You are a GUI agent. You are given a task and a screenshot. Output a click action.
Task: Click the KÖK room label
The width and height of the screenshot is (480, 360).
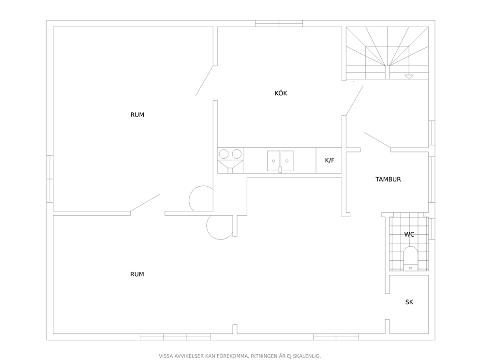click(x=281, y=93)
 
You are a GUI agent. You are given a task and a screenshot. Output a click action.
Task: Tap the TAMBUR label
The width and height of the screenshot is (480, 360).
click(x=388, y=179)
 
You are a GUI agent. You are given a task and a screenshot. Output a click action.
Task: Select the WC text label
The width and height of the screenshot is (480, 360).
click(x=409, y=235)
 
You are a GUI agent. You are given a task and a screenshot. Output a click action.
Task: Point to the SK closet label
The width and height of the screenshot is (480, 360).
click(x=409, y=302)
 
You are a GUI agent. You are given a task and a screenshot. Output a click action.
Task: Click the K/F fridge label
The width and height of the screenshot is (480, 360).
click(x=330, y=160)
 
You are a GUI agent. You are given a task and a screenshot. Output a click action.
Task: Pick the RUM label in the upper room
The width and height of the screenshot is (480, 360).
click(x=137, y=115)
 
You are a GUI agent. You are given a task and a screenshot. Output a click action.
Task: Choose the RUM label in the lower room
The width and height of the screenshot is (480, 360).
click(x=137, y=274)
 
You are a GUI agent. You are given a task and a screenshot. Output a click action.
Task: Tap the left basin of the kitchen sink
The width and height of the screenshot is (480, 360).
click(x=274, y=161)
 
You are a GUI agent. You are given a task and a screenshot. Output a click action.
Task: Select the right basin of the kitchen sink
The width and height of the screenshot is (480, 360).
click(x=287, y=161)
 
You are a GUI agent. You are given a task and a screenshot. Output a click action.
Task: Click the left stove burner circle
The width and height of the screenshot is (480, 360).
click(x=224, y=154)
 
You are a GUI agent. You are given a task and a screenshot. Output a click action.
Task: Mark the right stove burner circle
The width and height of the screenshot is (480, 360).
click(x=237, y=154)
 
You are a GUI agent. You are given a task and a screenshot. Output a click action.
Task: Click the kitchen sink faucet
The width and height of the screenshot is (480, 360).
click(x=280, y=169)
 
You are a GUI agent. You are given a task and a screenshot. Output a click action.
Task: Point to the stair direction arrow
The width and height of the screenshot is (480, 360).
click(x=409, y=77)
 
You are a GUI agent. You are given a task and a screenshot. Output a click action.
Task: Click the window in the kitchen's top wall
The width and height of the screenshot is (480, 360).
click(x=279, y=24)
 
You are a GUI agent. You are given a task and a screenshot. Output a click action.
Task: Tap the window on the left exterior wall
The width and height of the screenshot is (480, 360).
click(x=50, y=179)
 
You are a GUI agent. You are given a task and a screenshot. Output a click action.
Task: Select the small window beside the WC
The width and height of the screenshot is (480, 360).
click(x=432, y=228)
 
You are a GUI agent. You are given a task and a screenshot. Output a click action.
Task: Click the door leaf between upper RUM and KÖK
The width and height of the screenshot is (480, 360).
click(x=205, y=80)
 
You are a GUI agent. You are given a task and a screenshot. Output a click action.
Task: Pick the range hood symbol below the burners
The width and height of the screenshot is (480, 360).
click(x=230, y=165)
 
